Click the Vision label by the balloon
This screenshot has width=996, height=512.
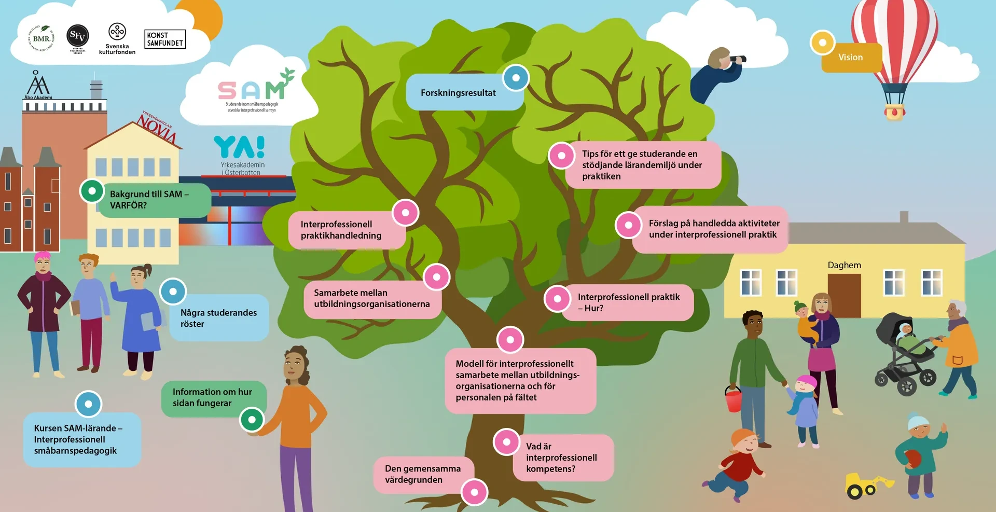(x=851, y=58)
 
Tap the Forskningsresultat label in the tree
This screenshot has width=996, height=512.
(x=458, y=93)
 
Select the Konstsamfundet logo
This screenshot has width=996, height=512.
(x=164, y=39)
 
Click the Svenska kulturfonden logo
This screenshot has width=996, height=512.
(x=117, y=38)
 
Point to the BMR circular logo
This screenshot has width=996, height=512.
(x=41, y=38)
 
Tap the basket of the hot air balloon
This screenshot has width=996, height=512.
(x=894, y=111)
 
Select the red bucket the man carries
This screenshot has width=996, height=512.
(x=733, y=399)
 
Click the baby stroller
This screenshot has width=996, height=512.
(x=905, y=353)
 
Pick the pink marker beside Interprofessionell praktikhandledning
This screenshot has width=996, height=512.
(x=405, y=213)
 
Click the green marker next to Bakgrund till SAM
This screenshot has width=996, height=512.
(x=92, y=191)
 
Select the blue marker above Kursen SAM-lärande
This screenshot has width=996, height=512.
(x=89, y=404)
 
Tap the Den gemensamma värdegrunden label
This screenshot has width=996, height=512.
(x=423, y=474)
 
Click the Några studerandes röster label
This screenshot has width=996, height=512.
(x=218, y=318)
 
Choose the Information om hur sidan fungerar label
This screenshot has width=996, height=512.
(x=212, y=397)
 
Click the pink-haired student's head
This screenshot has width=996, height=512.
(x=43, y=262)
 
